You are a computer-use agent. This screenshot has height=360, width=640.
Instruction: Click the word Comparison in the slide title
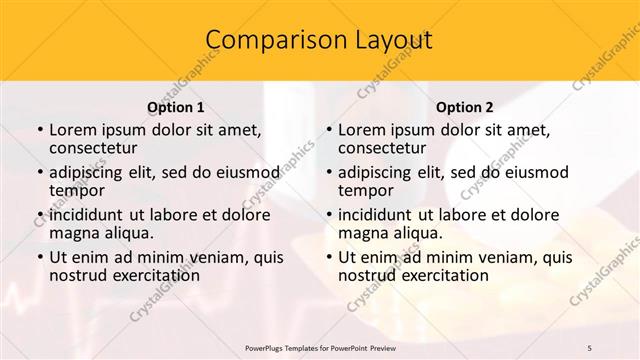click(x=268, y=40)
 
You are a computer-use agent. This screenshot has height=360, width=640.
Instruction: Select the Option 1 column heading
click(x=175, y=106)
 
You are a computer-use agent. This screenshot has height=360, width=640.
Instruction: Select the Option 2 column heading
click(x=465, y=106)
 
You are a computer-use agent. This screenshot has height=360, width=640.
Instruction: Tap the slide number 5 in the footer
click(x=590, y=347)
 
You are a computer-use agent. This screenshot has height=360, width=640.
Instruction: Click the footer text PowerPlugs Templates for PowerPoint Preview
click(x=320, y=347)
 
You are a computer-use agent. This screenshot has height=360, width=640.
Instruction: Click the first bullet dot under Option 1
click(x=38, y=130)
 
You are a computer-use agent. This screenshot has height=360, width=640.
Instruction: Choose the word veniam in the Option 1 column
click(x=219, y=256)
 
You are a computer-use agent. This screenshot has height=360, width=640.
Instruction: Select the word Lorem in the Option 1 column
click(x=72, y=129)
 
